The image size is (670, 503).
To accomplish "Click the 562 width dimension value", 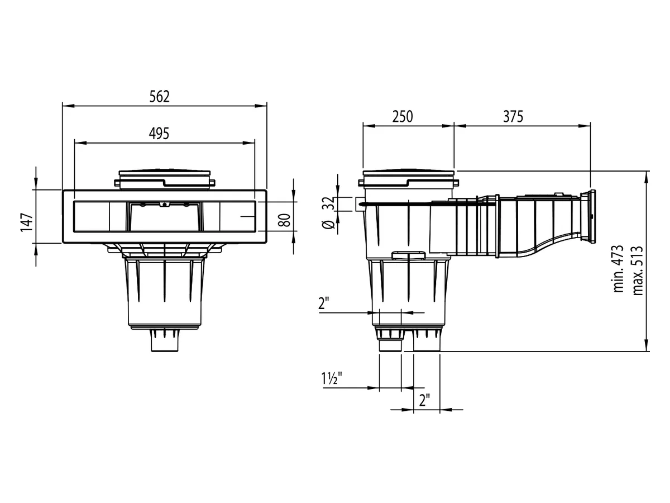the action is click(159, 97).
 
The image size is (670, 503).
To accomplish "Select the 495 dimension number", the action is click(159, 134).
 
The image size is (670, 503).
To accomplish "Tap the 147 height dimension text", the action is click(27, 222).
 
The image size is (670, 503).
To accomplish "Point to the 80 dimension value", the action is click(285, 220).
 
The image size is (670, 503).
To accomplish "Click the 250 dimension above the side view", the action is click(403, 117).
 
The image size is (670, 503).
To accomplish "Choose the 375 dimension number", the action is click(513, 117).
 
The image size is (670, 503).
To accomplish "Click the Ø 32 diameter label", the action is click(328, 212).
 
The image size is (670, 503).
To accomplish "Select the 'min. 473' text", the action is click(619, 269).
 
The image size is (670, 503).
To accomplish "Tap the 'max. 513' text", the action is click(638, 271).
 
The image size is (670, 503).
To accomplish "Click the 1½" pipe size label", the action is click(332, 378).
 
